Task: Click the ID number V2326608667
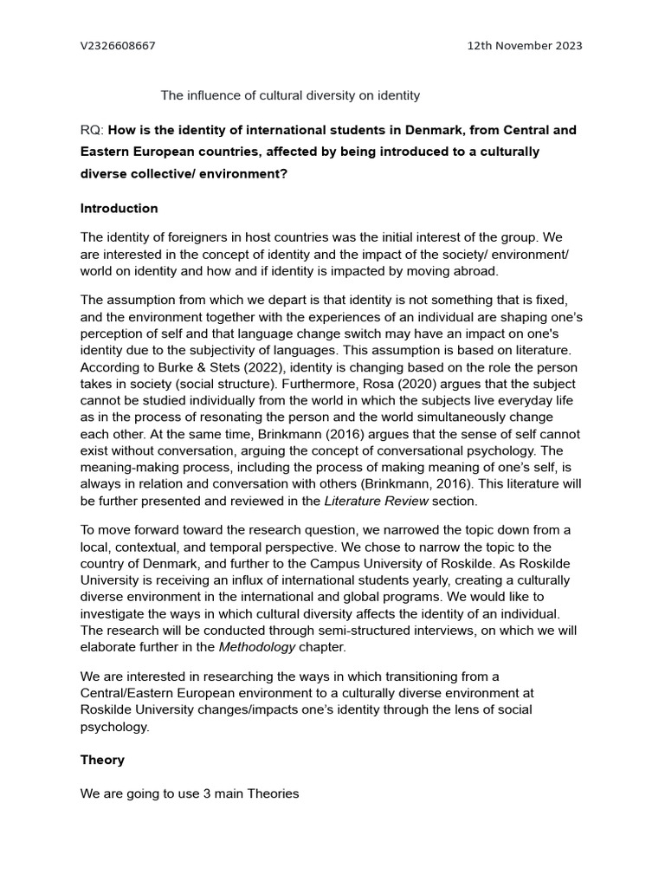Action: pyautogui.click(x=118, y=45)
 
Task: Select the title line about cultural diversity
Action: pyautogui.click(x=290, y=95)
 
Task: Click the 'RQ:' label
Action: pyautogui.click(x=92, y=130)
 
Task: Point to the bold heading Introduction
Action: pyautogui.click(x=119, y=208)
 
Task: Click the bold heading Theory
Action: pyautogui.click(x=102, y=760)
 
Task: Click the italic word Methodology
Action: pyautogui.click(x=256, y=647)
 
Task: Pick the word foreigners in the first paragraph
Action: pyautogui.click(x=184, y=237)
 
